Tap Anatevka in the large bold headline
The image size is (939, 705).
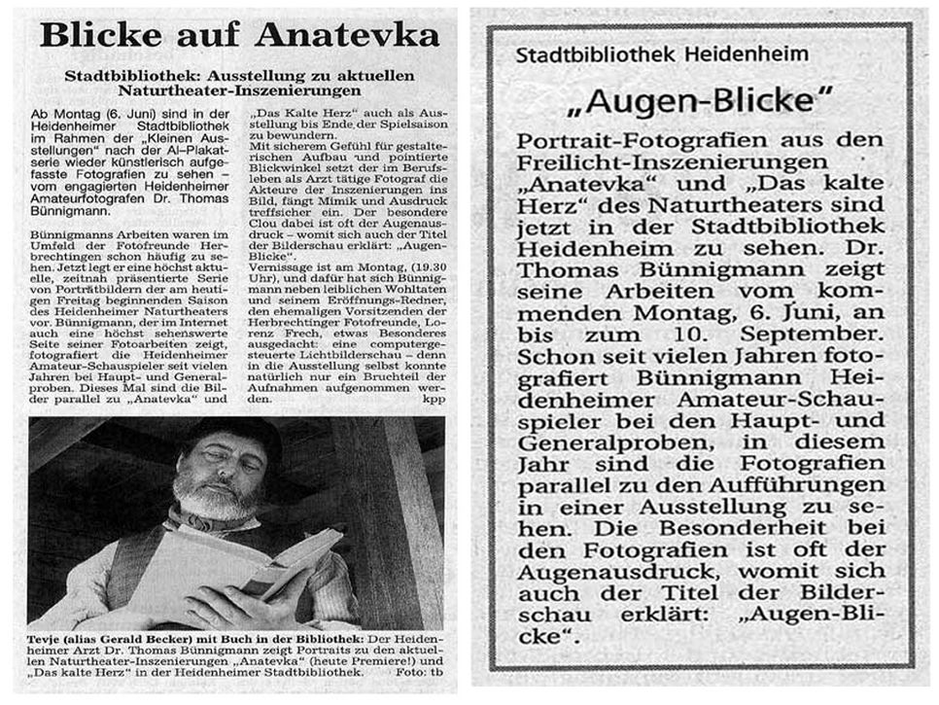click(x=346, y=36)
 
